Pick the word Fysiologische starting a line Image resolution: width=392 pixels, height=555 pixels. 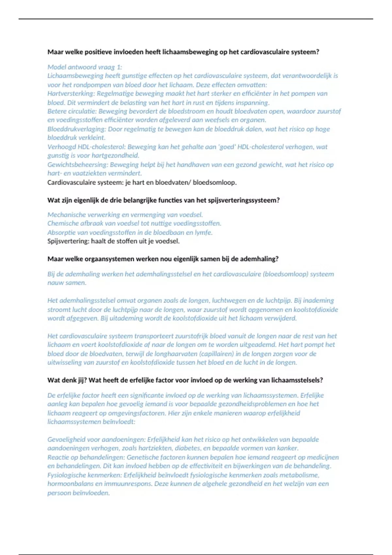[65, 475]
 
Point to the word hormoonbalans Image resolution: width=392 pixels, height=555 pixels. [67, 484]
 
